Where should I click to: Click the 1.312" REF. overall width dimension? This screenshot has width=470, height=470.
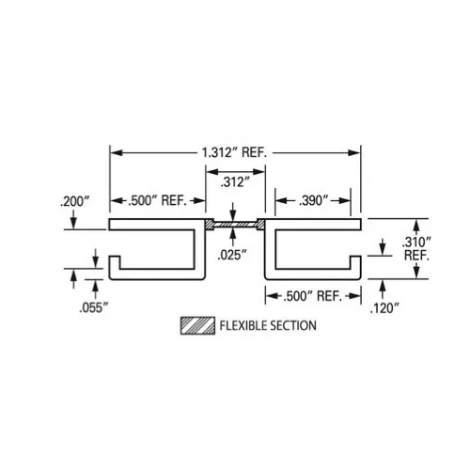pyautogui.click(x=236, y=151)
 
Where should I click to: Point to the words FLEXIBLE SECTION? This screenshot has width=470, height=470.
pyautogui.click(x=267, y=326)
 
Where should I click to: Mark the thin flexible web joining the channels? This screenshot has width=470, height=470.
pyautogui.click(x=235, y=226)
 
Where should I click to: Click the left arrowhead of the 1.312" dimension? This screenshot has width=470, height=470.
pyautogui.click(x=114, y=151)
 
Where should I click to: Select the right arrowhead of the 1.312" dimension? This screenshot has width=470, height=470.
pyautogui.click(x=358, y=151)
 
